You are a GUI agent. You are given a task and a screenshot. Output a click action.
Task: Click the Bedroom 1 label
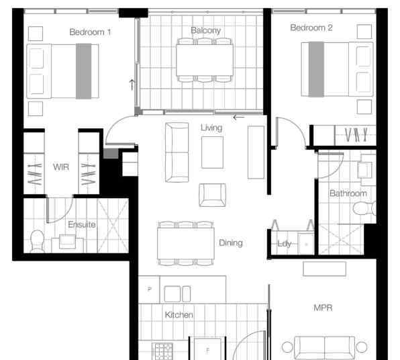coord(90,32)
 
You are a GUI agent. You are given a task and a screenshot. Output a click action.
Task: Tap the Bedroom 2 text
coord(311,28)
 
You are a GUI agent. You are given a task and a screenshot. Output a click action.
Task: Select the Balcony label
coord(205,30)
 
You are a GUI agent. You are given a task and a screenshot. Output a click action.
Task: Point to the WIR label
coord(61,167)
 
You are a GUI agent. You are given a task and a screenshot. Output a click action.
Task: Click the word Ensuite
coord(82,224)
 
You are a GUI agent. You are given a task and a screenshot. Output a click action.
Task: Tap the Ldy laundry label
coord(284,244)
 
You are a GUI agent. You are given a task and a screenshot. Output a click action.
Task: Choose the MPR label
coord(323,308)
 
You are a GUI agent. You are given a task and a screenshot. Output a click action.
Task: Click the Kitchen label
coord(179,315)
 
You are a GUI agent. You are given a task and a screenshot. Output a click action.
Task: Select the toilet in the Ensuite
coord(37,241)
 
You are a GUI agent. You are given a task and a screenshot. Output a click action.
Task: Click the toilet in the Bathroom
coord(364,208)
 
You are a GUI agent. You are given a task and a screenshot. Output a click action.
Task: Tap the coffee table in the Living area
coord(212,152)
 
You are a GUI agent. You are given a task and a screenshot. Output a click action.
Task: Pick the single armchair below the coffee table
coord(212,195)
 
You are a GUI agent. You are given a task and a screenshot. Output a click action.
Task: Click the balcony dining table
coord(205,60)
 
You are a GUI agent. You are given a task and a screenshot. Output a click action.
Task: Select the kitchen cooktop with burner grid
coord(162,351)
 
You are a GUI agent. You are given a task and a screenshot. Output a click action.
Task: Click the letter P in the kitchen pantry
coord(150,289)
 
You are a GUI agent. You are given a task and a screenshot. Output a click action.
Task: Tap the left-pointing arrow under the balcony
coord(239,118)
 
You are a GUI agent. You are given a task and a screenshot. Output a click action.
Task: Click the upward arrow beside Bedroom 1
coord(132,85)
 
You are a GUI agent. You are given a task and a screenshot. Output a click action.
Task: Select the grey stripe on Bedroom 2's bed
coord(316,69)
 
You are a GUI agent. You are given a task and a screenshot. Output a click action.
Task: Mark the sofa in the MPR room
coord(324,348)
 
